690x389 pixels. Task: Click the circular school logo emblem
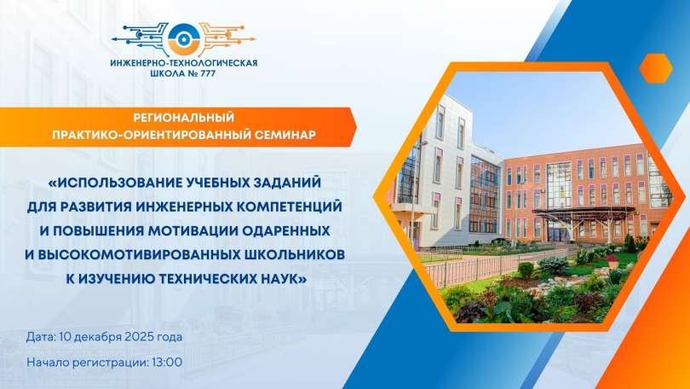[183, 37]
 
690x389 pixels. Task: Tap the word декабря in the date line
[91, 337]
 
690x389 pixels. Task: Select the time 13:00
[166, 362]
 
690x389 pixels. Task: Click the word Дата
[41, 337]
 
